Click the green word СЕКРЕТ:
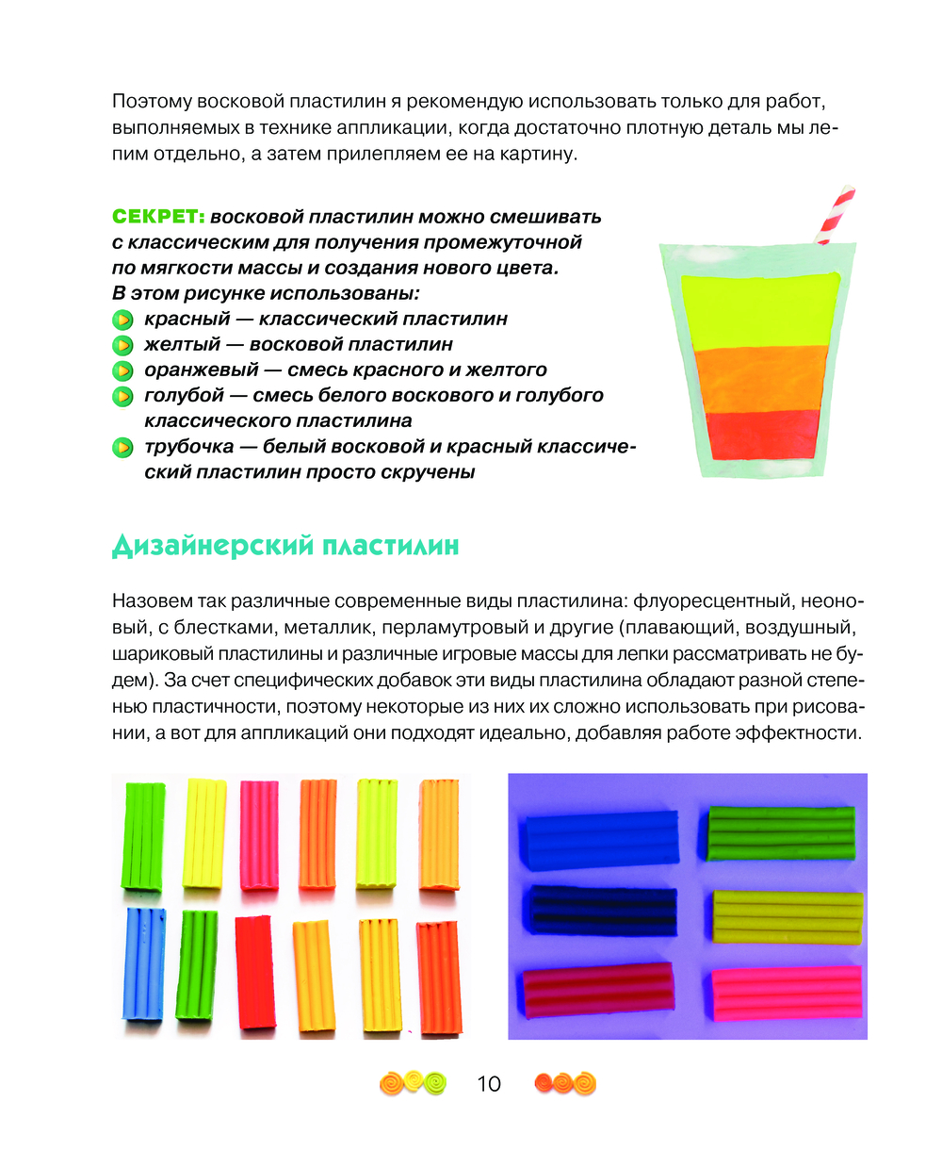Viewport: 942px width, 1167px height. (x=158, y=217)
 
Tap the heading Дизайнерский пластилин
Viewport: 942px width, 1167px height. (x=285, y=546)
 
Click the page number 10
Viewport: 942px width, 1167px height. (x=489, y=1084)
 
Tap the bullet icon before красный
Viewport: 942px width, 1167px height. (x=122, y=320)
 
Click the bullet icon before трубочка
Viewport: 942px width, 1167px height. (x=122, y=447)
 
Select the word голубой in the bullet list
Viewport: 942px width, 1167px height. (x=185, y=396)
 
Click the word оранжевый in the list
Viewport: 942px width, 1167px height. (x=201, y=370)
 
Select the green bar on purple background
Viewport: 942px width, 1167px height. (x=782, y=832)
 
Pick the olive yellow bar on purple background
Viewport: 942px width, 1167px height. (x=787, y=916)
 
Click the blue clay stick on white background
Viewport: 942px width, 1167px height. (x=143, y=963)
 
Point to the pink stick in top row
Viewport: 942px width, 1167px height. (x=259, y=834)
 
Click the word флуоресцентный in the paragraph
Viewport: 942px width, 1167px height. (x=715, y=601)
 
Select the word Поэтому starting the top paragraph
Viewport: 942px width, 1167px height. (x=152, y=102)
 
